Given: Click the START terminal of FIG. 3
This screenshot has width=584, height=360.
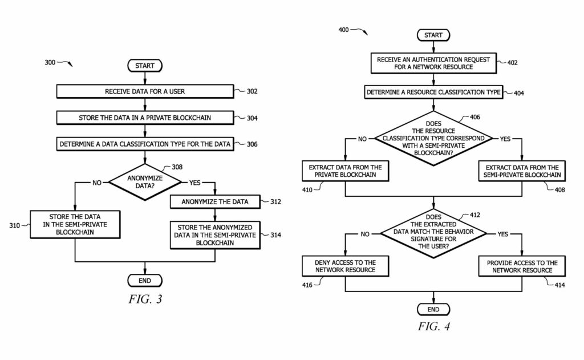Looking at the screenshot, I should coord(145,66).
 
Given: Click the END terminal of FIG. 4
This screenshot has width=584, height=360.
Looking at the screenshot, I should coord(433,309).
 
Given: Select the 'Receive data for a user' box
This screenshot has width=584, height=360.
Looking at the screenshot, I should coord(145,91).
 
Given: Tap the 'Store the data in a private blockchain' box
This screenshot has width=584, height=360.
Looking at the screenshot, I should coord(145,118).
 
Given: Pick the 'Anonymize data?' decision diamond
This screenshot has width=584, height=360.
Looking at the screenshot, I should coord(145,182).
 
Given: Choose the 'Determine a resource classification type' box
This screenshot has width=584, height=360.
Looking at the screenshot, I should coord(433,92).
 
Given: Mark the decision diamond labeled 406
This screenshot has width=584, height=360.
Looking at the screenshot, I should coord(433,138).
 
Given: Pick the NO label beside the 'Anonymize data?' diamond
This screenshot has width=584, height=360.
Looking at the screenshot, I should coord(97,183).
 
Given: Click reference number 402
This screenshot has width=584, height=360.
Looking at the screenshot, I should coord(512,63).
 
